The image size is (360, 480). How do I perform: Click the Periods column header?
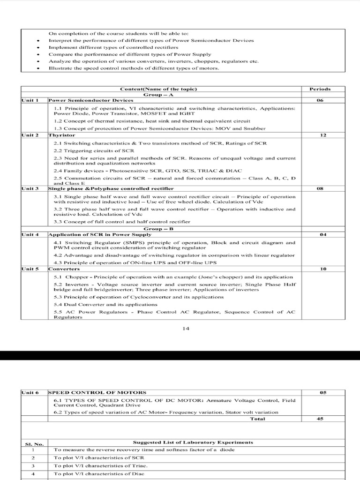coord(320,89)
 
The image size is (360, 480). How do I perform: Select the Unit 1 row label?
coord(30,100)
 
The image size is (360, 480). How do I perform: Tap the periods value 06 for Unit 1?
coord(320,100)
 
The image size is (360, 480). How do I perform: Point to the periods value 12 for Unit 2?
coord(320,135)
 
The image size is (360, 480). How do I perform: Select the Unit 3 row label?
coord(30,188)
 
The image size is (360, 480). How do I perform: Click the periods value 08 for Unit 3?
coord(320,188)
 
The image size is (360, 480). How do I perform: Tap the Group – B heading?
coord(158,228)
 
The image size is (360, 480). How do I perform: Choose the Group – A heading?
coord(158,94)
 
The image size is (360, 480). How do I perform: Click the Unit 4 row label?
coord(30,234)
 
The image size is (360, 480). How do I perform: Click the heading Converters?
coord(64,269)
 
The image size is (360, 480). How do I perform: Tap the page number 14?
coord(186,328)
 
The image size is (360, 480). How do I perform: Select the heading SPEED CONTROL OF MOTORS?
coord(97,392)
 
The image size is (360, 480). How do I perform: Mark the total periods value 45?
coord(320,419)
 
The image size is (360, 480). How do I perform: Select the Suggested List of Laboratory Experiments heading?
coord(193,442)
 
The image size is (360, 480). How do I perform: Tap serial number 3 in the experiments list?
coord(33,465)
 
